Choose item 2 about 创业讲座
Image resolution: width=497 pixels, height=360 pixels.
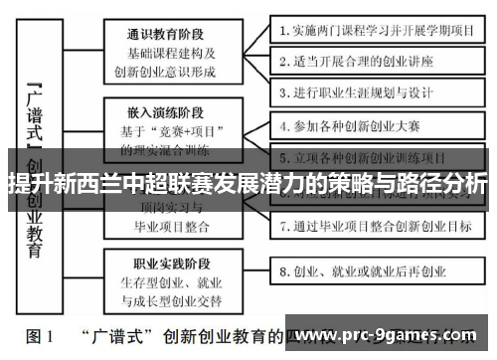pyautogui.click(x=362, y=60)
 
